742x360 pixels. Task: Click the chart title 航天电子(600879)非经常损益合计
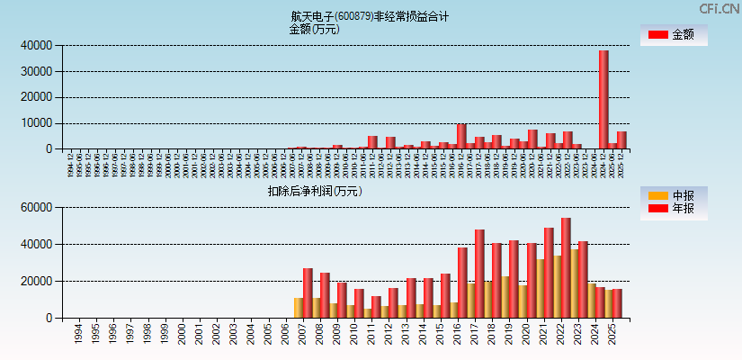[x=370, y=16]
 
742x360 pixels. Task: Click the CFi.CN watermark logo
[x=720, y=9]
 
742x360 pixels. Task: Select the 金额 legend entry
[x=674, y=35]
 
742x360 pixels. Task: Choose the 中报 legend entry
[x=674, y=195]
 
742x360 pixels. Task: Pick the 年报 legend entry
[x=674, y=210]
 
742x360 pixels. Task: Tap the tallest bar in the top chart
[x=603, y=99]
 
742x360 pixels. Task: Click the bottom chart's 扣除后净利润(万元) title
[x=314, y=191]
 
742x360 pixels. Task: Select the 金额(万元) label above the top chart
[x=314, y=29]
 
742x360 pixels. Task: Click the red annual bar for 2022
[x=566, y=267]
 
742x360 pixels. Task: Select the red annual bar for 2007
[x=308, y=292]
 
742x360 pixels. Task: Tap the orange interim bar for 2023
[x=574, y=283]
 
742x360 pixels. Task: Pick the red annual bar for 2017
[x=479, y=274]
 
